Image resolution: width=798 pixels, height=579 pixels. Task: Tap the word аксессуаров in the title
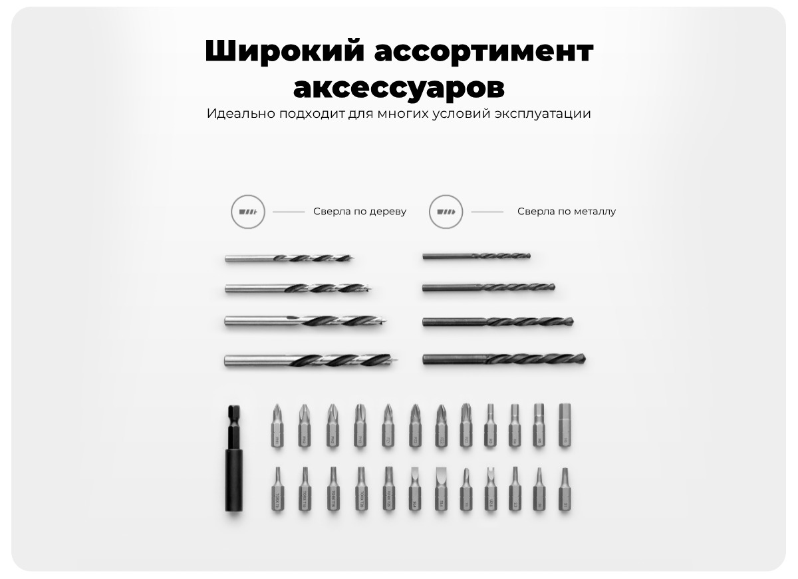click(398, 87)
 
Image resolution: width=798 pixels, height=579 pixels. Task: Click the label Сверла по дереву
click(360, 212)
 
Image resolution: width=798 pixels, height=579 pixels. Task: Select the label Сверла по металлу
click(567, 212)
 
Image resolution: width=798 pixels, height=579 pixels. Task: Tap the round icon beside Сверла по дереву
click(247, 212)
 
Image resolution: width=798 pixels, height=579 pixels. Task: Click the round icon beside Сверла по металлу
click(446, 212)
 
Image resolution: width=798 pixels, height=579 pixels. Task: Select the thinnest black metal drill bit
click(476, 256)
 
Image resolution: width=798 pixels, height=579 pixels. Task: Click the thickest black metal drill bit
click(503, 359)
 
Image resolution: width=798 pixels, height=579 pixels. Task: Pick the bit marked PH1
click(277, 425)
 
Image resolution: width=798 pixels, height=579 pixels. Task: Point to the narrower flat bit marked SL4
click(415, 489)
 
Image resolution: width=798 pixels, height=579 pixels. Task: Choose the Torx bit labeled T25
click(388, 489)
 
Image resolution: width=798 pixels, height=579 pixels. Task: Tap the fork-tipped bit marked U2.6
click(491, 489)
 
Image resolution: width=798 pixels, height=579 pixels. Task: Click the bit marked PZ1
click(388, 425)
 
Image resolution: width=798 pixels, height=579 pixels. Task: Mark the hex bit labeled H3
click(490, 425)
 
